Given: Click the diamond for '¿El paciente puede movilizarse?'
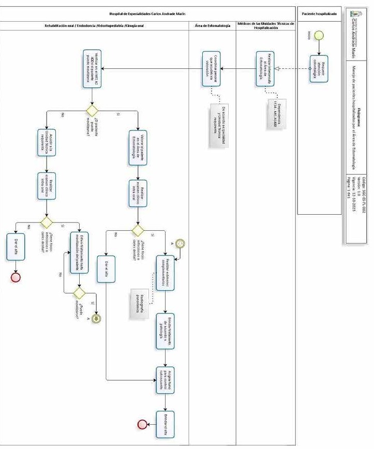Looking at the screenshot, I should [x=92, y=111].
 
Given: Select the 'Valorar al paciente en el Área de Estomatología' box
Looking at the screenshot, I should [x=138, y=147].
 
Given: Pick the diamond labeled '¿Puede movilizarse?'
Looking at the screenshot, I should [x=79, y=292].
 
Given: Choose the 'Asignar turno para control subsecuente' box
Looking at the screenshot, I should [x=166, y=381].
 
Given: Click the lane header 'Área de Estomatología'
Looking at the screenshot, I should [x=213, y=25].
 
